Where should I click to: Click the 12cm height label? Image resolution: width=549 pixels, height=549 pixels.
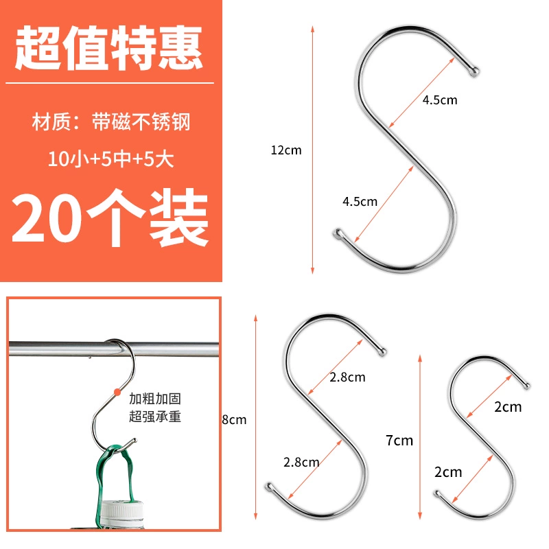286,150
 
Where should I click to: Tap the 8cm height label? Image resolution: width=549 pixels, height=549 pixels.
234,419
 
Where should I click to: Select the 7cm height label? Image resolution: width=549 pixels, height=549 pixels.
399,441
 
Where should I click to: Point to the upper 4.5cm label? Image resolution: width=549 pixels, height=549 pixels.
440,100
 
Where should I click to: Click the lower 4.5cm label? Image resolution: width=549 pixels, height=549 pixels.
360,202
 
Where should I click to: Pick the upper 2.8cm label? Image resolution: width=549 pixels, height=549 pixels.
347,377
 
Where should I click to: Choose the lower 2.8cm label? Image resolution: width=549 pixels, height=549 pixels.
301,462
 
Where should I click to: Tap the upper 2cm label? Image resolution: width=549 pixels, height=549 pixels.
508,407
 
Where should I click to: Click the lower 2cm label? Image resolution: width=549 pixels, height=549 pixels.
448,472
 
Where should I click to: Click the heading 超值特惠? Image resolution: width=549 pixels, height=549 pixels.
109,47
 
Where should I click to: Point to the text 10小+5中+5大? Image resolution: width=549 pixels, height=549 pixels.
110,159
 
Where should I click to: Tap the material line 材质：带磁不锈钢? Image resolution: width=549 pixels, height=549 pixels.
110,122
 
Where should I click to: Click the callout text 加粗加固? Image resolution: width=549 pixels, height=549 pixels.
155,399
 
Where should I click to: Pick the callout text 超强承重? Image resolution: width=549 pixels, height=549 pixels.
155,417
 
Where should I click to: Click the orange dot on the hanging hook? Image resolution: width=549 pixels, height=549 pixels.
117,392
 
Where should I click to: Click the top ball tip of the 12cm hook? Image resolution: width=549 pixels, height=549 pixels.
474,72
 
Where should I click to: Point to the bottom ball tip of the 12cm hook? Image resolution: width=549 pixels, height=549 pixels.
338,233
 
